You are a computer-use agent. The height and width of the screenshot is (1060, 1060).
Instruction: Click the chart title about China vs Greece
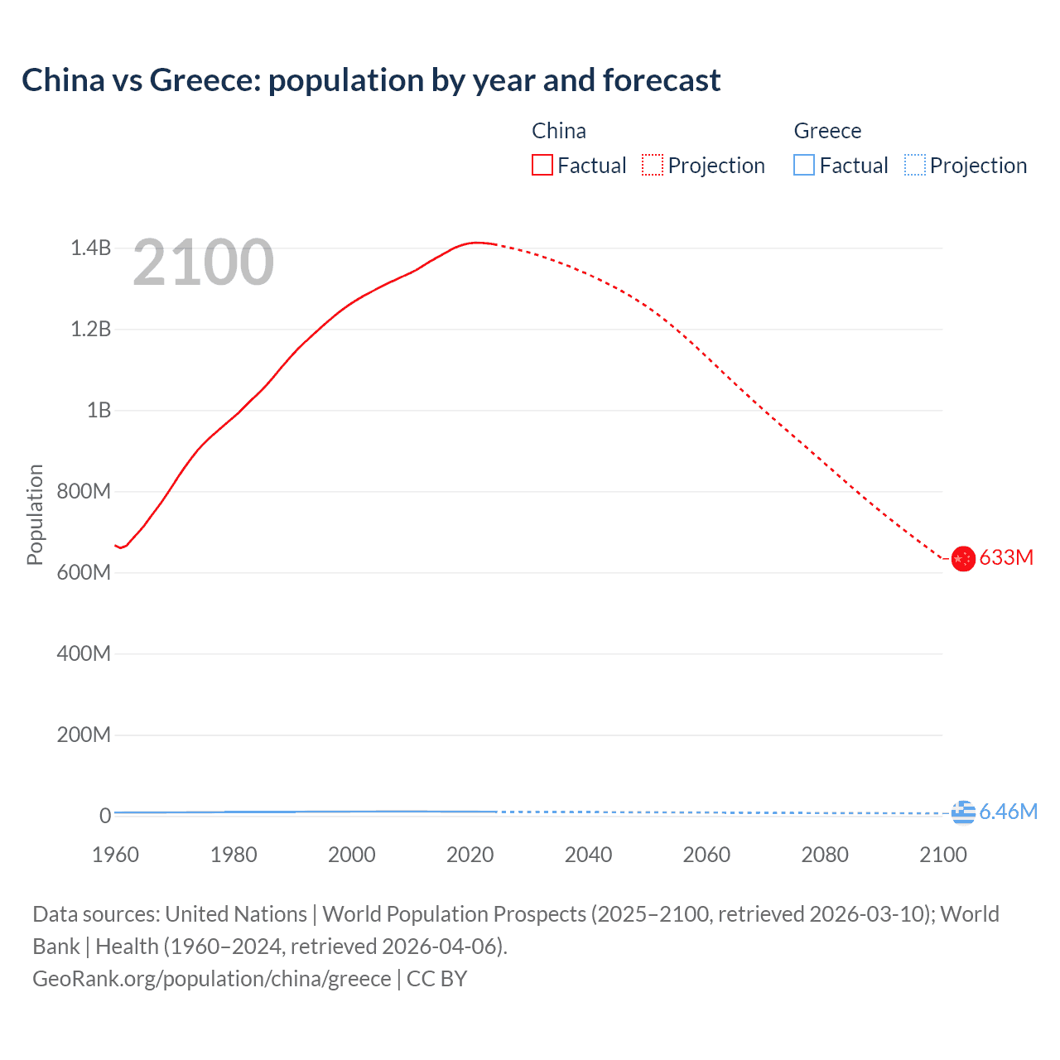coord(371,80)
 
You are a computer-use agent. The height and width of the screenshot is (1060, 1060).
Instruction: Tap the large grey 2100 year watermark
coord(203,263)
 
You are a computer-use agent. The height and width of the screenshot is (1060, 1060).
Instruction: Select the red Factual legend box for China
coord(542,165)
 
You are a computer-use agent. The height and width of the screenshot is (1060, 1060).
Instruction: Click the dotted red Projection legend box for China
coord(653,165)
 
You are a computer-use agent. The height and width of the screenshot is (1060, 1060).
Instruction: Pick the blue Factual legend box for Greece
coord(804,165)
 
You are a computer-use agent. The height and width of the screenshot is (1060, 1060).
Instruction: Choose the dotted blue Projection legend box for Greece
coord(914,165)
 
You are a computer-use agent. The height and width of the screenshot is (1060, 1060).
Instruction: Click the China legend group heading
coord(559,131)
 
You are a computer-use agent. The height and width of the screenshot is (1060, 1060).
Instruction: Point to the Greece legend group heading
coord(827,131)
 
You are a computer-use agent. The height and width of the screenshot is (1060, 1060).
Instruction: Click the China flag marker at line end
coord(962,559)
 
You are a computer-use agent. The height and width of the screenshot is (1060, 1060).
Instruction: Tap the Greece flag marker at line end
coord(962,812)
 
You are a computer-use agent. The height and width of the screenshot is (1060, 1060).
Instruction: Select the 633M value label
coord(1006,557)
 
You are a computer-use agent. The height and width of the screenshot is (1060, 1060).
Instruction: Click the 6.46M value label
coord(1008,812)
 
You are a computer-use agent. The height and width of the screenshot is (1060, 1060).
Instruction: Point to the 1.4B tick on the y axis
coord(90,248)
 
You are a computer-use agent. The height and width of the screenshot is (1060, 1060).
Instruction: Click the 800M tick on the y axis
coord(84,491)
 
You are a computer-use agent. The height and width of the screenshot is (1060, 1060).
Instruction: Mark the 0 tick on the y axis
coord(105,816)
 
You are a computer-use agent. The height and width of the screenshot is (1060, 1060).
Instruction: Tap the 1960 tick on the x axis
coord(115,855)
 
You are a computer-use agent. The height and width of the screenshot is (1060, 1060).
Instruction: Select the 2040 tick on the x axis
coord(588,855)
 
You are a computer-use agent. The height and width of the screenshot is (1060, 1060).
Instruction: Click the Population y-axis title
coord(35,514)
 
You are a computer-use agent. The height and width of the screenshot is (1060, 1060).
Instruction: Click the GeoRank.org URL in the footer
coord(211,979)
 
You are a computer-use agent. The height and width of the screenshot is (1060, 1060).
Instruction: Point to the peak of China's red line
coord(476,243)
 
